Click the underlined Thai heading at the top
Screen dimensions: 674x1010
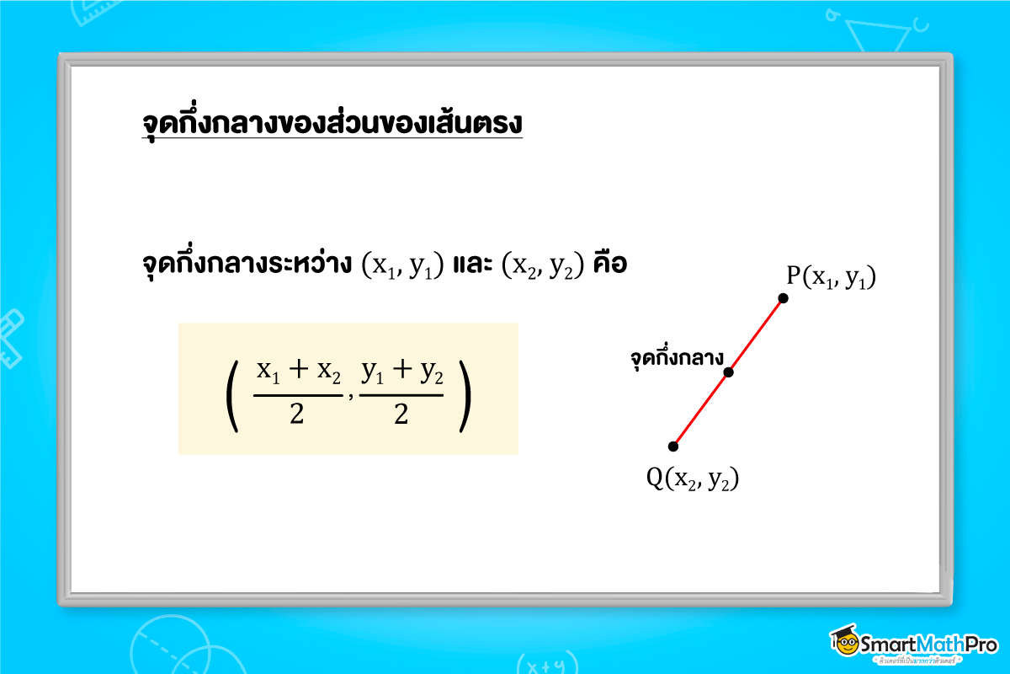pyautogui.click(x=332, y=123)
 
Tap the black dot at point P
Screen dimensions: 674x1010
pyautogui.click(x=784, y=297)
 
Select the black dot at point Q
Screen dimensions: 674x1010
pyautogui.click(x=672, y=446)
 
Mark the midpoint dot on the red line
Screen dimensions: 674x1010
pyautogui.click(x=729, y=372)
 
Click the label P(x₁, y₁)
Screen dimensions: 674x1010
pyautogui.click(x=832, y=277)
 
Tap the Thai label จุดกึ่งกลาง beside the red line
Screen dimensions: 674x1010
pyautogui.click(x=677, y=358)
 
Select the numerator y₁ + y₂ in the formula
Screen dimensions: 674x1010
pyautogui.click(x=401, y=370)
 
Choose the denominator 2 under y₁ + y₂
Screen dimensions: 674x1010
pyautogui.click(x=401, y=415)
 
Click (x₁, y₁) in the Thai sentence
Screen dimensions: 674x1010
pyautogui.click(x=401, y=265)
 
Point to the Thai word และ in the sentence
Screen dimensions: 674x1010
pyautogui.click(x=471, y=264)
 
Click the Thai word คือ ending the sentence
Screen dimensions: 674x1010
pyautogui.click(x=609, y=264)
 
